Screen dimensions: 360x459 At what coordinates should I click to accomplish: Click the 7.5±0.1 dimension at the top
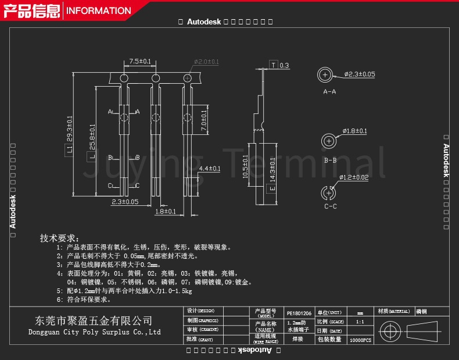tap(139, 61)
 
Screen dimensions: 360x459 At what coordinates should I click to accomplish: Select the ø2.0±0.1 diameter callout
tap(206, 62)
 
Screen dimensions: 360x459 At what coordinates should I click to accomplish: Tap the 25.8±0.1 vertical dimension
tap(92, 137)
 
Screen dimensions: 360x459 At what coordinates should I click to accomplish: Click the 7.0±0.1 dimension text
tap(204, 120)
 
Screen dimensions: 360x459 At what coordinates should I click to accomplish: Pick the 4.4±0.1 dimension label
tap(210, 169)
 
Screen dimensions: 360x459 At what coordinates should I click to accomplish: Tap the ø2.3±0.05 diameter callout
tap(359, 74)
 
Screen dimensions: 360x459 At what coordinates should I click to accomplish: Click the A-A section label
tap(329, 92)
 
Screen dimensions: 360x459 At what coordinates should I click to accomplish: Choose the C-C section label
tap(331, 206)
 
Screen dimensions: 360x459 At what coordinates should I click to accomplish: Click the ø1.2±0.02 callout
tap(354, 177)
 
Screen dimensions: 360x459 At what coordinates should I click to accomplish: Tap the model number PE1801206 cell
tap(299, 312)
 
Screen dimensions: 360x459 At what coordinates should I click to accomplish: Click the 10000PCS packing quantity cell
tap(360, 339)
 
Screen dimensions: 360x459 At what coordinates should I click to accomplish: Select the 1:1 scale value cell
tap(360, 322)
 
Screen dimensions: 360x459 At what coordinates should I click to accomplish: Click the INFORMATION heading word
tap(99, 10)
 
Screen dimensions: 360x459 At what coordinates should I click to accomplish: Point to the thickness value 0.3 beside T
tap(284, 66)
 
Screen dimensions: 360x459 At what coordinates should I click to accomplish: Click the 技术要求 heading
tap(59, 238)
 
